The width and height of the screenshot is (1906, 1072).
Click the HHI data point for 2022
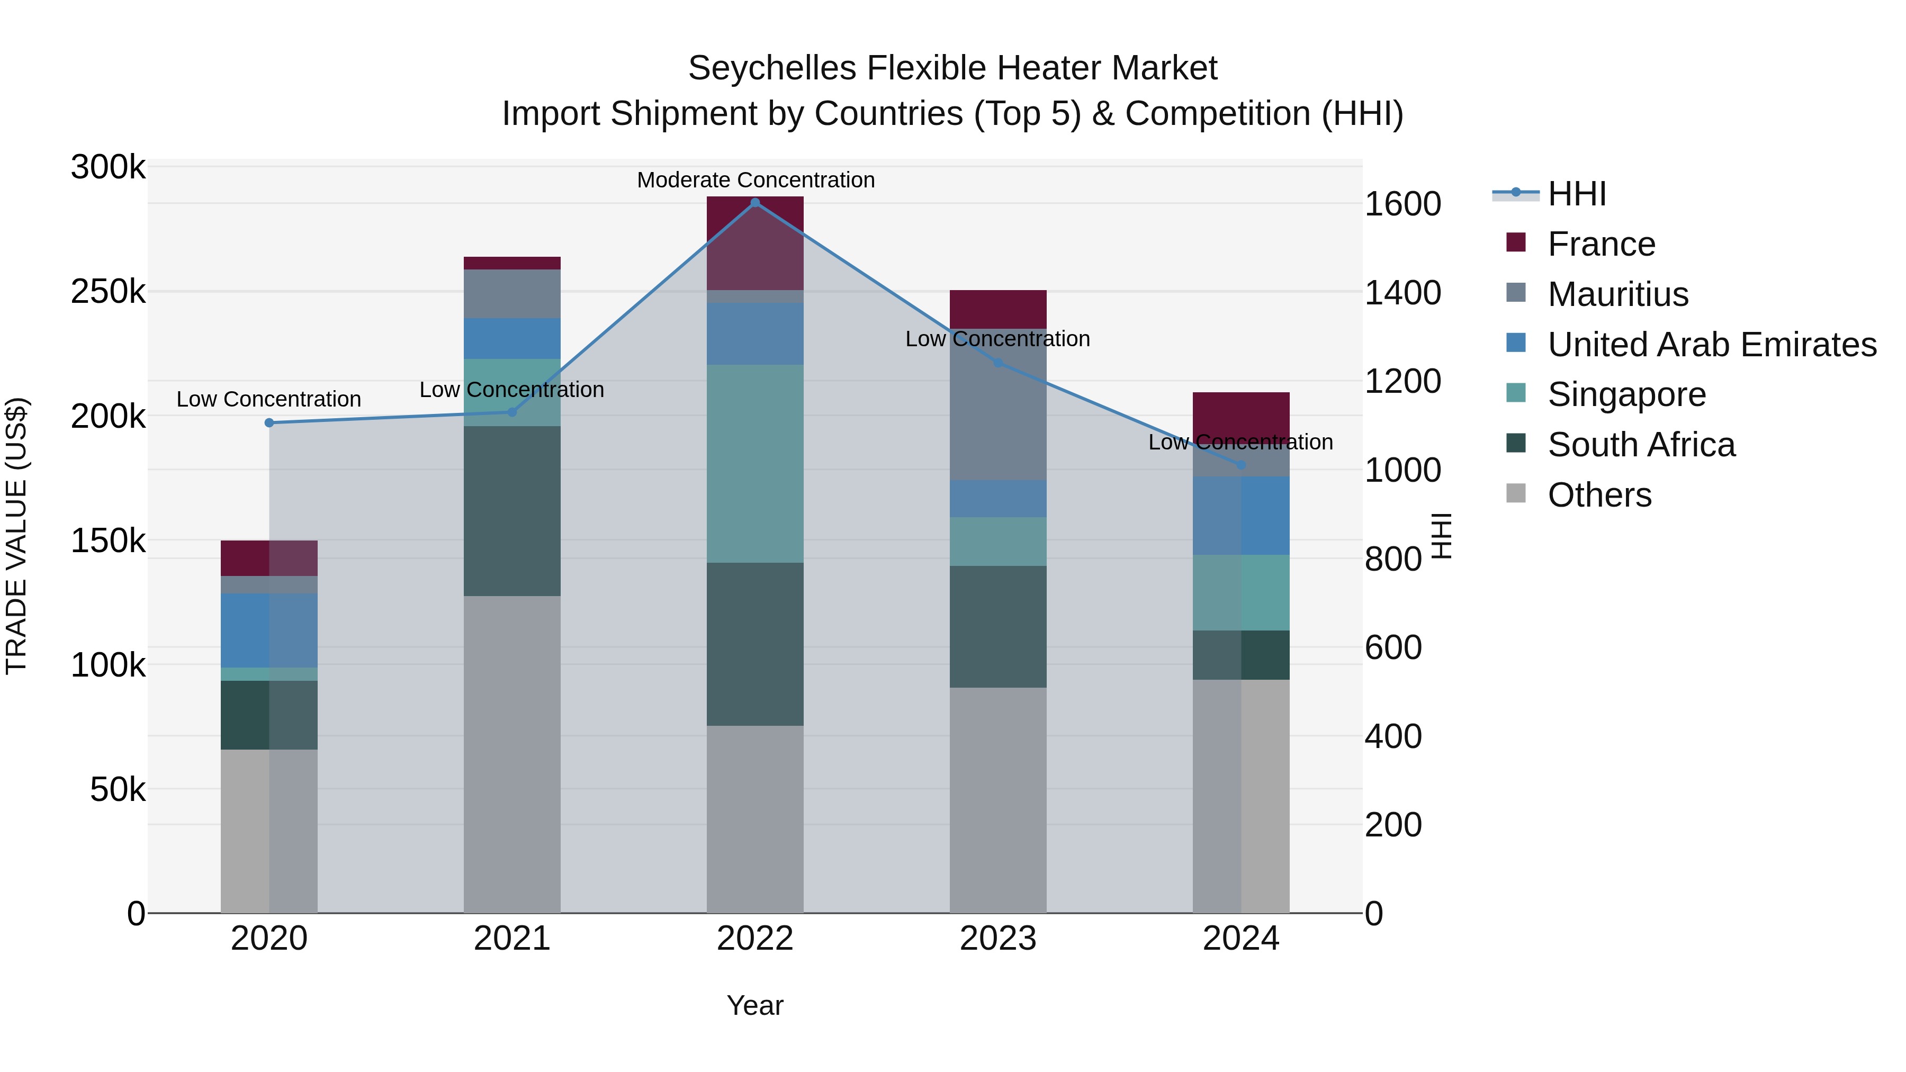point(754,202)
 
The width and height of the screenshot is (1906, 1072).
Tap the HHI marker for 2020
point(269,422)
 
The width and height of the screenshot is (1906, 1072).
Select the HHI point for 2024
point(1241,465)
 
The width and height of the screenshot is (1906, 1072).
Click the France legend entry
point(1601,244)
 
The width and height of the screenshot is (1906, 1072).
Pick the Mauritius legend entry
point(1617,294)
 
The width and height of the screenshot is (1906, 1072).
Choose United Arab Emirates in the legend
point(1711,345)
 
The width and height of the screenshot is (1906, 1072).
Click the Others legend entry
point(1599,495)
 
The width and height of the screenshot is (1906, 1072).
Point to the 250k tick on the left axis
point(108,292)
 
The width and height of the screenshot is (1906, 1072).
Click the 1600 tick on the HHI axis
point(1402,204)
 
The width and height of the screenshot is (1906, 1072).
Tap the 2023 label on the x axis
point(997,938)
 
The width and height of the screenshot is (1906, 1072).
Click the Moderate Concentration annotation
point(756,180)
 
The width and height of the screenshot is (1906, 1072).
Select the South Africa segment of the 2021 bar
point(512,510)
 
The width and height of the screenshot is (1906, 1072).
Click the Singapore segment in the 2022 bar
point(754,463)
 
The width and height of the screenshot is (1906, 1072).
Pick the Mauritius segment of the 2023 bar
point(997,404)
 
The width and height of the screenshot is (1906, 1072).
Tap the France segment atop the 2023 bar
point(997,309)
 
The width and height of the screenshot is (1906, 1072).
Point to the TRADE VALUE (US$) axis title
point(16,536)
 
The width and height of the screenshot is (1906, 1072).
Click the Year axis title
point(754,1005)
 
